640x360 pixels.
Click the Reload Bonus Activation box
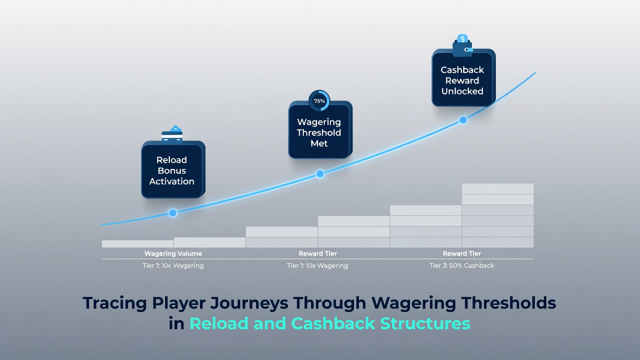pyautogui.click(x=173, y=169)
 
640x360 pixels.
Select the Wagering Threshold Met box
pyautogui.click(x=320, y=129)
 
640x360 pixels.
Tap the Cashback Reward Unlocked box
pyautogui.click(x=463, y=77)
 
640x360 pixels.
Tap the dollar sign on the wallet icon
pyautogui.click(x=462, y=38)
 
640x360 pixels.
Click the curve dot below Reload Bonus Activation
pyautogui.click(x=173, y=213)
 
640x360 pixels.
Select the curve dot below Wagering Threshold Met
pyautogui.click(x=320, y=173)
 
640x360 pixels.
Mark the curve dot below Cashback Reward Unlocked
pyautogui.click(x=463, y=120)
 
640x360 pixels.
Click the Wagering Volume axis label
pyautogui.click(x=173, y=253)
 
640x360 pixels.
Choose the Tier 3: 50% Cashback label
pyautogui.click(x=461, y=265)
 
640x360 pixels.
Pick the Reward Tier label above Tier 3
pyautogui.click(x=461, y=253)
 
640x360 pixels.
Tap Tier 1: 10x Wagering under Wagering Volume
pyautogui.click(x=173, y=265)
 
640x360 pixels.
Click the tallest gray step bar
pyautogui.click(x=497, y=215)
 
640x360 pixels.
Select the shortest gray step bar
pyautogui.click(x=137, y=243)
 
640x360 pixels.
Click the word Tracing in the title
pyautogui.click(x=115, y=303)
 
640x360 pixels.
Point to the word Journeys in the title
pyautogui.click(x=249, y=303)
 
